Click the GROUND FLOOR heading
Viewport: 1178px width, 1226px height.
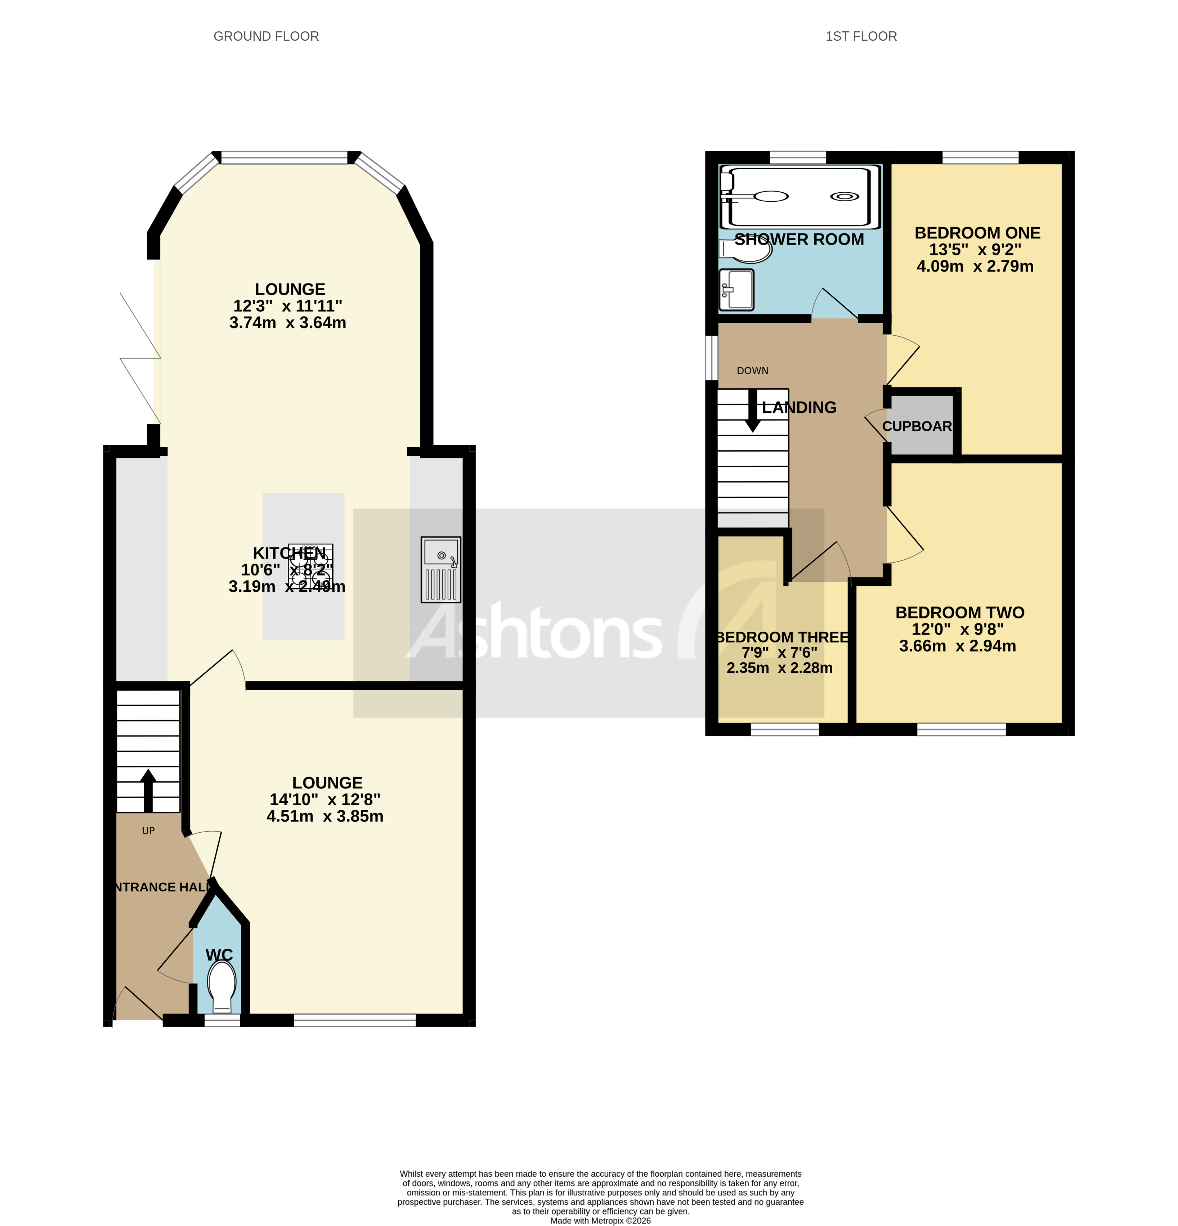point(266,36)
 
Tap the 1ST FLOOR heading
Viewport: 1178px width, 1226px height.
point(861,36)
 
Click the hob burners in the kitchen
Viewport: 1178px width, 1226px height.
point(310,564)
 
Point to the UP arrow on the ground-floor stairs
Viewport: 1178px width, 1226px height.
point(148,789)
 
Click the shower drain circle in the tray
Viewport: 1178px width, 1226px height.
point(844,196)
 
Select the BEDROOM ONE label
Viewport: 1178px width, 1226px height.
point(977,233)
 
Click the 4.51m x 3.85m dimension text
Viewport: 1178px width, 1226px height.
point(325,816)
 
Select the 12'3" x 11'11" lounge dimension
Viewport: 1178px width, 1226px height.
point(288,306)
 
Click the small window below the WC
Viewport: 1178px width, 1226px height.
point(222,1020)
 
